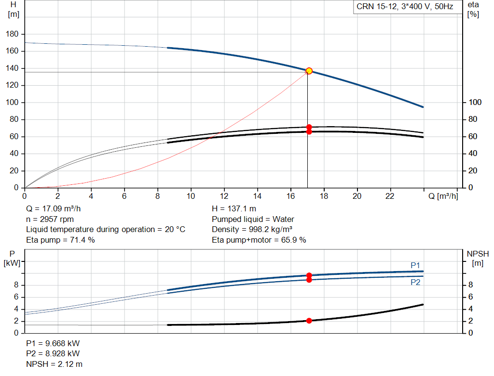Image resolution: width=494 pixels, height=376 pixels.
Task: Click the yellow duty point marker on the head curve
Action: click(x=309, y=71)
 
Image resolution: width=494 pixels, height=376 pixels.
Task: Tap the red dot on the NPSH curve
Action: click(x=309, y=321)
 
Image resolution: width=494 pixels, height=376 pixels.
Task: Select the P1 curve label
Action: click(x=415, y=265)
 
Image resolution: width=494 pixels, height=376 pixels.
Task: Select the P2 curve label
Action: click(x=415, y=282)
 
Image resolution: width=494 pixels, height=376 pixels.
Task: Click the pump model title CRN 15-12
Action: click(x=376, y=7)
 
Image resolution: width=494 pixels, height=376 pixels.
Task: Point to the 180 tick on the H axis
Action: click(x=12, y=34)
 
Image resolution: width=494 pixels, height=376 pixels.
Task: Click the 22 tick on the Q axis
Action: click(x=390, y=196)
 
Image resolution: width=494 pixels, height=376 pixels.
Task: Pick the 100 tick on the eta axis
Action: click(x=475, y=102)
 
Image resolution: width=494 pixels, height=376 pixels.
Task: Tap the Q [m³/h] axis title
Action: click(x=443, y=196)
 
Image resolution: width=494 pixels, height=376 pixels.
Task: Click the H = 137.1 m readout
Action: click(x=234, y=208)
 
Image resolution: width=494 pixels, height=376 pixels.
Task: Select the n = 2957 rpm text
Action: click(x=50, y=219)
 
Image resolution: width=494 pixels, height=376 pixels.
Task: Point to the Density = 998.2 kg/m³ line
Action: click(x=252, y=230)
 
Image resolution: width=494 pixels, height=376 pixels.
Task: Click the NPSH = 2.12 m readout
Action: click(x=54, y=364)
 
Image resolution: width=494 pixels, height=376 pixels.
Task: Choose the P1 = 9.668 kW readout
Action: click(x=53, y=343)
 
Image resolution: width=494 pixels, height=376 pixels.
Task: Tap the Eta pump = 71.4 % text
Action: click(x=60, y=240)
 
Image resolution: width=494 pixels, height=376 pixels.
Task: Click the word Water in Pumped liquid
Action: click(x=283, y=219)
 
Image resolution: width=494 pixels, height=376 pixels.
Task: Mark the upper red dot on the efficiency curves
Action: click(x=309, y=127)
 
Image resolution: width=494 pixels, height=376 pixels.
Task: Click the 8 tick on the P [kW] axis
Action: click(x=16, y=285)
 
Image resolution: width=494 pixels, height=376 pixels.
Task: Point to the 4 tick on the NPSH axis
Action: click(x=471, y=309)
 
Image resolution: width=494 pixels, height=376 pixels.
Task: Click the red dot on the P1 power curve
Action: click(x=309, y=275)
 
